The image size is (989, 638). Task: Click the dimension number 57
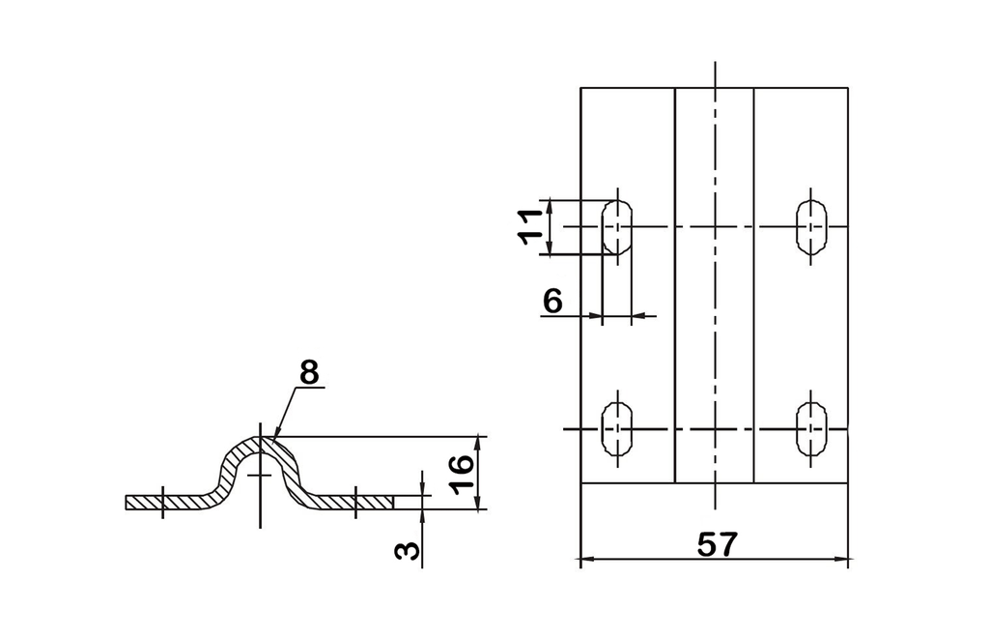(x=718, y=544)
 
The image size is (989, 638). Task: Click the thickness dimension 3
(x=407, y=550)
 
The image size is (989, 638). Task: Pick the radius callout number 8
(x=309, y=372)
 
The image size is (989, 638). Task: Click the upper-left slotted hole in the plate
(x=617, y=226)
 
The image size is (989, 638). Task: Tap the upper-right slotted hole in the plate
(x=811, y=226)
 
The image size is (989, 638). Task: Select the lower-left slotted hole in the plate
(x=617, y=429)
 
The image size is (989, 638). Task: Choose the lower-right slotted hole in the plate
(x=811, y=429)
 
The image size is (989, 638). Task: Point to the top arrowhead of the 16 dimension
(x=479, y=443)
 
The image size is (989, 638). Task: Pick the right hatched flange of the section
(x=347, y=503)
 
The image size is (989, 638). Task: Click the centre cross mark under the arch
(x=260, y=475)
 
